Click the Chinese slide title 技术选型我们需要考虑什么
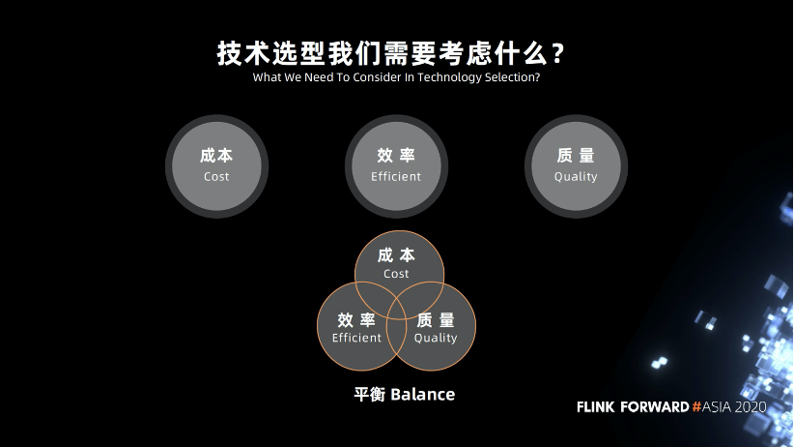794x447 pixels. (382, 52)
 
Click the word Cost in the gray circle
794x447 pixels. (216, 177)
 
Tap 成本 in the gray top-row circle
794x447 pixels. (216, 156)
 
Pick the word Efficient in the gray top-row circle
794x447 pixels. (396, 177)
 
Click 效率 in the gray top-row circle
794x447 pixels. (396, 156)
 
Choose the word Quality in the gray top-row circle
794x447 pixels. (576, 177)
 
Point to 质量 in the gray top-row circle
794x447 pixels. (576, 156)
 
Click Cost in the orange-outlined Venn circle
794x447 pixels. (396, 274)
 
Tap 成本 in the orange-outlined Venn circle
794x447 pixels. (396, 254)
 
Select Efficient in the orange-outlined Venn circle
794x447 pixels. (356, 338)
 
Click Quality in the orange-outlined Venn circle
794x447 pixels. (436, 338)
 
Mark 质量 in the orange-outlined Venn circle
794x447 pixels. (436, 319)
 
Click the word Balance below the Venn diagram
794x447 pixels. (422, 395)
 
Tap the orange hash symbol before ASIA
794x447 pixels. (697, 407)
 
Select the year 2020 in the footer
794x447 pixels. (751, 407)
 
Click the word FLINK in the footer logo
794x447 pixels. (598, 407)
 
